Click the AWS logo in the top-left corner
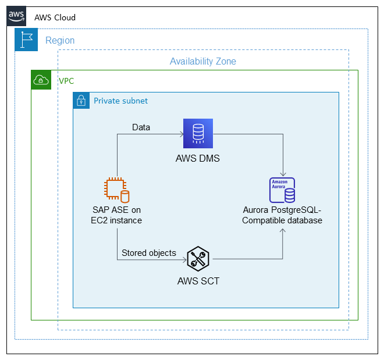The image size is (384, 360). coord(16,16)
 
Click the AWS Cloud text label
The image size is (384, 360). coord(55,17)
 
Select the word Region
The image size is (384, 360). coord(60,41)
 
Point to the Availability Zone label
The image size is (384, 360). coord(202,61)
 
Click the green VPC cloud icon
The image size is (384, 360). coord(41,80)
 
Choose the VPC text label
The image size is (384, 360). coord(66,81)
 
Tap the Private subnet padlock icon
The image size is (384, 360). coord(81,101)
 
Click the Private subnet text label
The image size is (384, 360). coord(120,101)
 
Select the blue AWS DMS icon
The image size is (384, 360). coord(198,133)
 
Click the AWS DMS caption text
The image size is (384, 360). coord(198,158)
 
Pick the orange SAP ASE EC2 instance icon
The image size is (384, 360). coord(116,190)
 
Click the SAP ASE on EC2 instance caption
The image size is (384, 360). coord(116,215)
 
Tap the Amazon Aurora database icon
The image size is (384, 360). coord(282,190)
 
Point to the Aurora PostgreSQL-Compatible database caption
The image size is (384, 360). coord(282,215)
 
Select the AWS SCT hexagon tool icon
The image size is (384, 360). coord(198,258)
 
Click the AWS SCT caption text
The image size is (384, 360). coord(198,281)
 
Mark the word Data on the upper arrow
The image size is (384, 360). coord(141,127)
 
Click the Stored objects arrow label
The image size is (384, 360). coord(148,253)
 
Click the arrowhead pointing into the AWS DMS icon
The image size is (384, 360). coord(180,134)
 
